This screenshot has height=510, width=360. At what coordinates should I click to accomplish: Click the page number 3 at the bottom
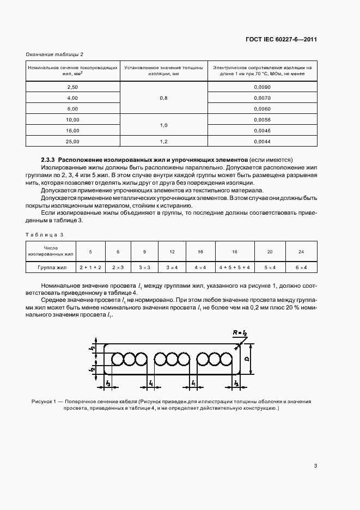click(315, 466)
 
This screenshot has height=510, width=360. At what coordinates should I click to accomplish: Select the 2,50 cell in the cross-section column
click(72, 87)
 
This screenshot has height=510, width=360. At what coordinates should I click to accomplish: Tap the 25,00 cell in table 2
click(72, 141)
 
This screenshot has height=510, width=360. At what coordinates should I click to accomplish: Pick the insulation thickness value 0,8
click(163, 98)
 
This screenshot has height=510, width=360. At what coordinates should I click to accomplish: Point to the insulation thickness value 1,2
click(163, 141)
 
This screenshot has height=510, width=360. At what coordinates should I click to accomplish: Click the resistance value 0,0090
click(262, 87)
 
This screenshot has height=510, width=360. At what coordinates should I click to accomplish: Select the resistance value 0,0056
click(262, 119)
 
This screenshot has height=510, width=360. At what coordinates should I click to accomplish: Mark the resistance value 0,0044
click(262, 141)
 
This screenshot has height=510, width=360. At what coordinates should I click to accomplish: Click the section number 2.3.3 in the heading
click(50, 159)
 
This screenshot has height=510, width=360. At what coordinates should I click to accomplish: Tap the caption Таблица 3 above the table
click(45, 234)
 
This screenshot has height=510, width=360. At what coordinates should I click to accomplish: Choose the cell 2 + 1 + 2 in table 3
click(90, 268)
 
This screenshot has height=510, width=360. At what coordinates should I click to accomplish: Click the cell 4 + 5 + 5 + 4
click(235, 268)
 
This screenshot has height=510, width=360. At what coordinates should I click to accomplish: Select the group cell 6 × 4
click(301, 268)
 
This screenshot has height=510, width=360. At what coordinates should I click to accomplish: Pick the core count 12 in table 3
click(172, 251)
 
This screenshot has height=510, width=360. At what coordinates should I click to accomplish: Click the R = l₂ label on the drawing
click(239, 332)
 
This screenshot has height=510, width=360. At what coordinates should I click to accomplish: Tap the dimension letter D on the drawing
click(246, 360)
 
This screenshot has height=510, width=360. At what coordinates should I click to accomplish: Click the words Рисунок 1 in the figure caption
click(43, 401)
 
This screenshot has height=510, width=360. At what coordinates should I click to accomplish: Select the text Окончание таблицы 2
click(54, 54)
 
